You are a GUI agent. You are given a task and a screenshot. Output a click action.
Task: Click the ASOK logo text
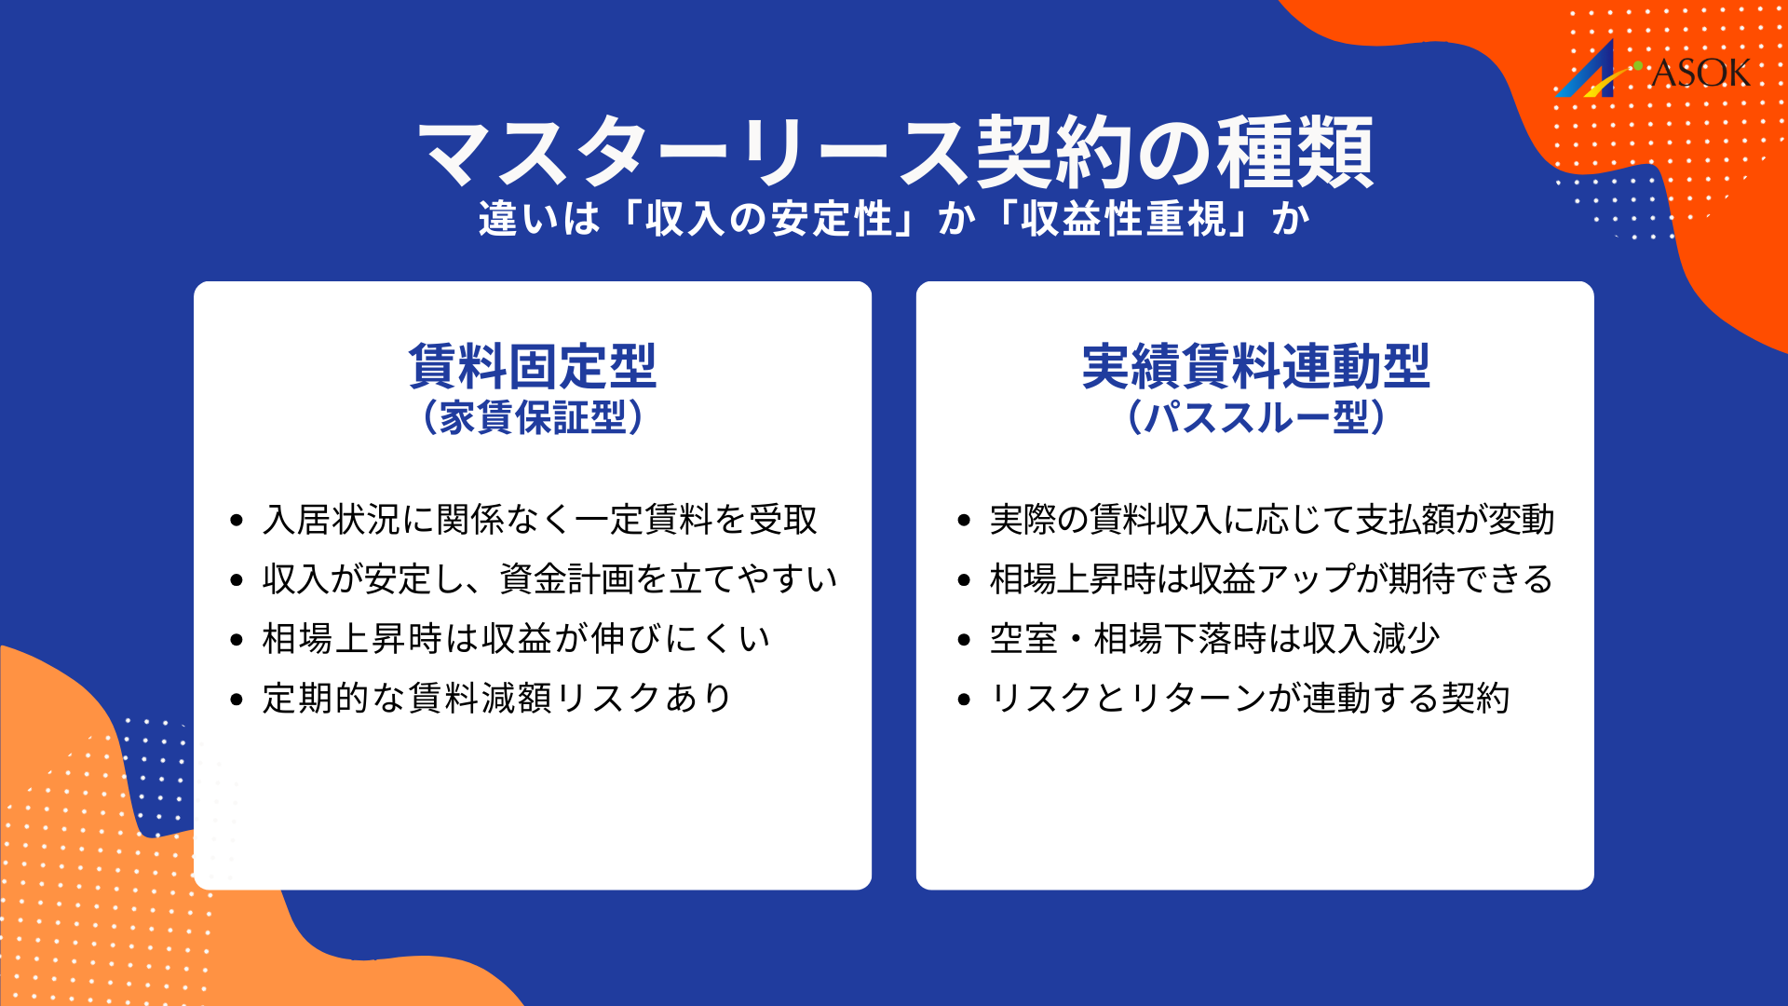1700,74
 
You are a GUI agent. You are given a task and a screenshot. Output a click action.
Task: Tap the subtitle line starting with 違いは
894,220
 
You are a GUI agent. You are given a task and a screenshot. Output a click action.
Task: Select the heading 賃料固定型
533,366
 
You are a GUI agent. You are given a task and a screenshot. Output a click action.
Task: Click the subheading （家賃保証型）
533,417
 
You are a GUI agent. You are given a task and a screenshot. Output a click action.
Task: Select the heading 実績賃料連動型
1255,366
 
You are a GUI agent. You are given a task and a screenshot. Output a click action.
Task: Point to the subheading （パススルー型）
1255,417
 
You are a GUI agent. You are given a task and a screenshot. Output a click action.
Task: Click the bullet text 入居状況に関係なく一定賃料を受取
540,520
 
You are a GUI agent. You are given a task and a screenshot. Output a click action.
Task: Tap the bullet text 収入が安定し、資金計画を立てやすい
549,579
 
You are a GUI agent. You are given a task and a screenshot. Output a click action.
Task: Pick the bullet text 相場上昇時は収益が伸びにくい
516,639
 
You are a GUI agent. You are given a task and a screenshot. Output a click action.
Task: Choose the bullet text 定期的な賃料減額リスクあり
497,699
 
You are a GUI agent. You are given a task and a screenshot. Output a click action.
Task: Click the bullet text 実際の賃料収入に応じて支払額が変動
1272,520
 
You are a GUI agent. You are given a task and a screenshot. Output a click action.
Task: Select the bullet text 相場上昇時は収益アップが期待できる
1271,579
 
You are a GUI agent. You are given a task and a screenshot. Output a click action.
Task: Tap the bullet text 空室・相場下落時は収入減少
1214,639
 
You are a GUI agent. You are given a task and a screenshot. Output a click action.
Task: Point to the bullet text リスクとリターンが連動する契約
1249,699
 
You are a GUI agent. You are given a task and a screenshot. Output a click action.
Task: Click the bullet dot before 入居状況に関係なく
237,521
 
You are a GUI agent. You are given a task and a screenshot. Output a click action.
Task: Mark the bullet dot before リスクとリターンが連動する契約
964,700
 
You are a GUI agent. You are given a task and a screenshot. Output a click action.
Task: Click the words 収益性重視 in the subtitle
1123,220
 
